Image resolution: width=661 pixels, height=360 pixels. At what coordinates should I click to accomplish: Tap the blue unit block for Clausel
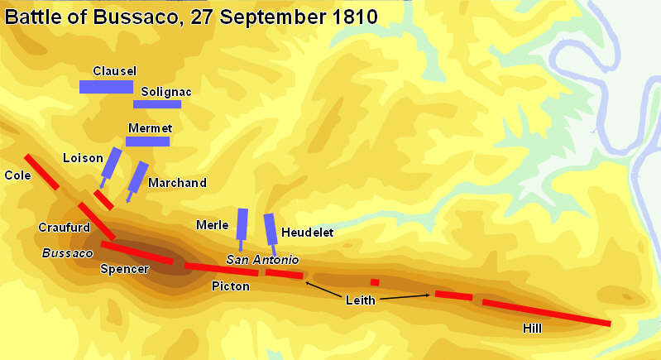[106, 87]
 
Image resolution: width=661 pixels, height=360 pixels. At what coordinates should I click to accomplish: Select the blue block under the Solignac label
[157, 104]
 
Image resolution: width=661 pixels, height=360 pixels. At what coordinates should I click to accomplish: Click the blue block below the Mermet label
[147, 142]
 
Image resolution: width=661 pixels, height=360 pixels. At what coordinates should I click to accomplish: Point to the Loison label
[83, 157]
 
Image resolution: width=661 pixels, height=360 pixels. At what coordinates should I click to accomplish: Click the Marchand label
[177, 182]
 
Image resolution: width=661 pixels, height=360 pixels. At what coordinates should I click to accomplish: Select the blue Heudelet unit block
[270, 228]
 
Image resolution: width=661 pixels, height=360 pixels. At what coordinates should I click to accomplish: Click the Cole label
[17, 175]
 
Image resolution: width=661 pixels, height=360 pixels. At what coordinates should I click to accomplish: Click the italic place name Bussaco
[67, 252]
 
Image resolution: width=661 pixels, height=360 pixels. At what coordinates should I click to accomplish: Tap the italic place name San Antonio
[262, 260]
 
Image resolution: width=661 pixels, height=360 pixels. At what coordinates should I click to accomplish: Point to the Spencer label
[124, 269]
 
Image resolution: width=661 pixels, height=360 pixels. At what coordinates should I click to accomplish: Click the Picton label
[230, 286]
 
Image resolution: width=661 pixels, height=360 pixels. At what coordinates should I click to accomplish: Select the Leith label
[360, 300]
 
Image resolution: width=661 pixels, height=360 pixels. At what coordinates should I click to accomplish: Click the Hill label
[533, 329]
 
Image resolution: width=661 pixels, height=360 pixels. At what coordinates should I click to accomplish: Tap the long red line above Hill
[546, 312]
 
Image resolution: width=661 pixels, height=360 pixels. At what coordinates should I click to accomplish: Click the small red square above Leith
[375, 282]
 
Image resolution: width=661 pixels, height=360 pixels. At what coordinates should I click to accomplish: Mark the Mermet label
[150, 128]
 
